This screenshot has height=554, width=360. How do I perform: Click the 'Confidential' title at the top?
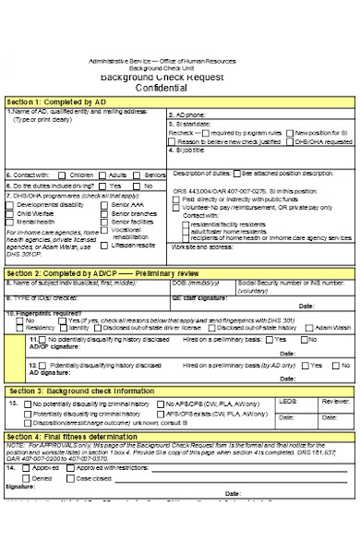tap(180, 86)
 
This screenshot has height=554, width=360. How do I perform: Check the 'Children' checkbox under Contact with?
tap(65, 174)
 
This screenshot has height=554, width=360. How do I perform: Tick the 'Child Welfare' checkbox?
tap(10, 213)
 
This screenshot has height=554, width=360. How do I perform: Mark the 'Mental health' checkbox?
tap(10, 223)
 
